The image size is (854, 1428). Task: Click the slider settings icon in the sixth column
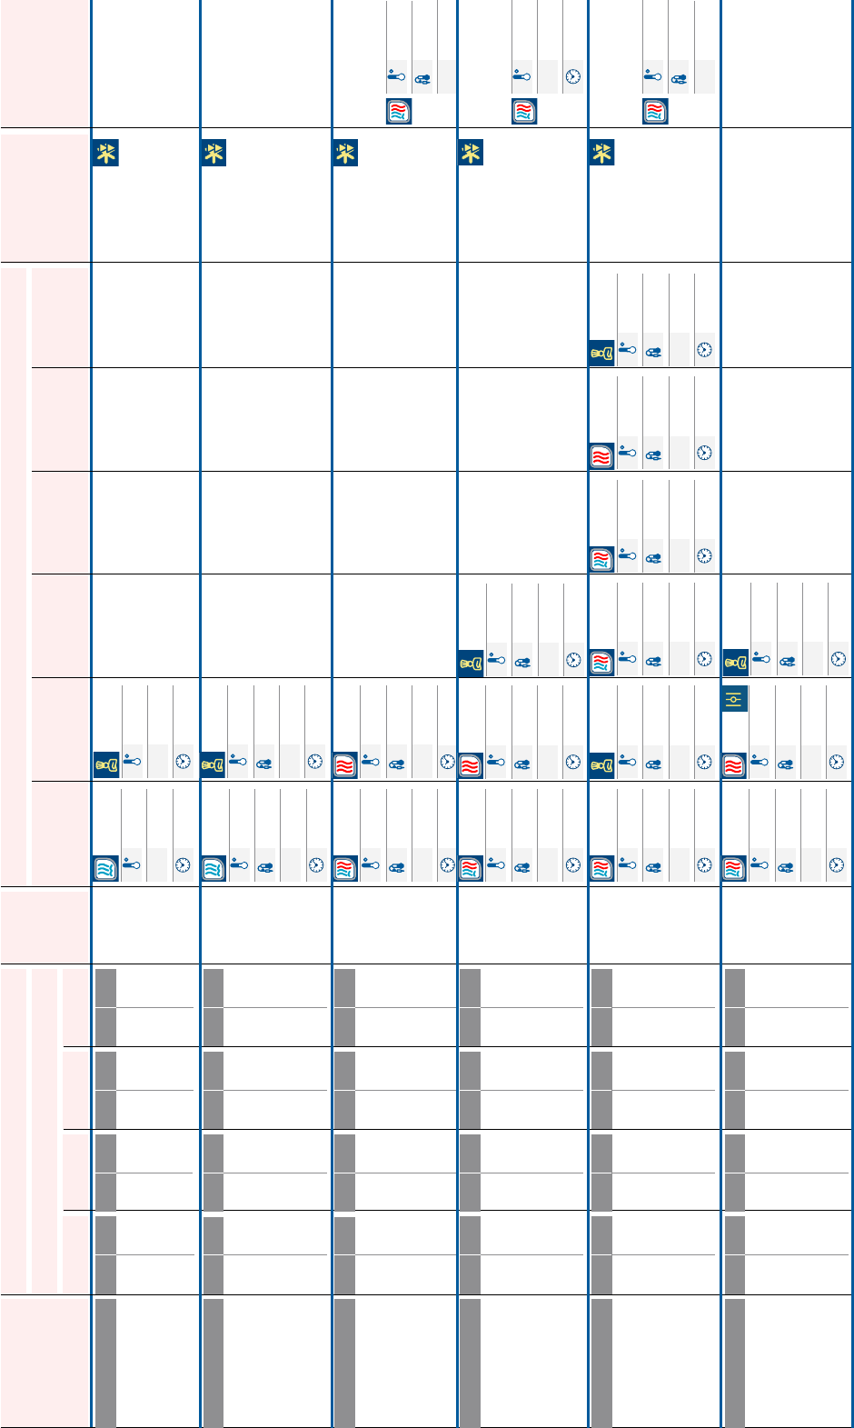[x=735, y=699]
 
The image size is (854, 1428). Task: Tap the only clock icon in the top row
[x=573, y=77]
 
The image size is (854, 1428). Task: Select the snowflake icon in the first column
[x=105, y=153]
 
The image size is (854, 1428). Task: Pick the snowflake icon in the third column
[x=345, y=153]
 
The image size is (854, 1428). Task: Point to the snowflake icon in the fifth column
[x=601, y=153]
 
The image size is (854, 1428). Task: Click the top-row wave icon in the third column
[x=399, y=112]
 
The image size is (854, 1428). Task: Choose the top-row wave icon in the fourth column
[x=524, y=112]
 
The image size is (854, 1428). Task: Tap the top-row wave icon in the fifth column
[x=655, y=112]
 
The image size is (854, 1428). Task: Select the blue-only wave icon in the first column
[x=105, y=868]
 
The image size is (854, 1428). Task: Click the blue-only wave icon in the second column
[x=213, y=868]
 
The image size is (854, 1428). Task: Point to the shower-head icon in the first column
[x=105, y=764]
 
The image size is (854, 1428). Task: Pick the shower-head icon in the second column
[x=213, y=764]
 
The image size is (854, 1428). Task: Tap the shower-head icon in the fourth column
[x=470, y=662]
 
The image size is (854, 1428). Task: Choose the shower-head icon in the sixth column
[x=735, y=662]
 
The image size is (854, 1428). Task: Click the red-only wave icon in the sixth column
[x=735, y=764]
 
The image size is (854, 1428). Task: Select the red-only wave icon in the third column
[x=345, y=764]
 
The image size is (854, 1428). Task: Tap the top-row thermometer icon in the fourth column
[x=521, y=77]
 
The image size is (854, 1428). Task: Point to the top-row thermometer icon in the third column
[x=396, y=77]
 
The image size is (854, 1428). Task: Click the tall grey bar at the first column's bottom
[x=105, y=1362]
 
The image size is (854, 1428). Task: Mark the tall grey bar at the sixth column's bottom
[x=735, y=1362]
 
